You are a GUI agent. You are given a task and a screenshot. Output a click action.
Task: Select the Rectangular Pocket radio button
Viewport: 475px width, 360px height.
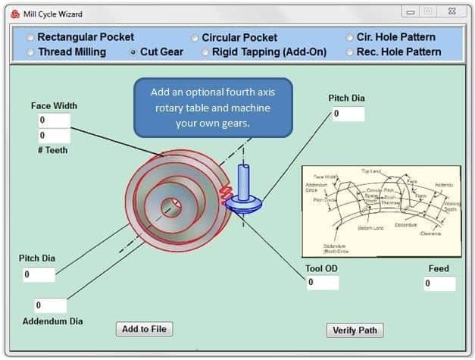(30, 37)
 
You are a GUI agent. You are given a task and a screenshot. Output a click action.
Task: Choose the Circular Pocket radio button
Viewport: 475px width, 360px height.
(195, 38)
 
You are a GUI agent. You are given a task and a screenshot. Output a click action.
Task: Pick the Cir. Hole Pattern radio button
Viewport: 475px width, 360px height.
(350, 37)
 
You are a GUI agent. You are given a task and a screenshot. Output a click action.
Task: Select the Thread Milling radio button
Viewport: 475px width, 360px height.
(30, 52)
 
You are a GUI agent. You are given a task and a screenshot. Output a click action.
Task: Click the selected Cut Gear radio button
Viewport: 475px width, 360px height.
(133, 52)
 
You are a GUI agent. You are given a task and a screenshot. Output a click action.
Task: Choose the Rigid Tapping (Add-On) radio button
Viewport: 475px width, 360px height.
(205, 52)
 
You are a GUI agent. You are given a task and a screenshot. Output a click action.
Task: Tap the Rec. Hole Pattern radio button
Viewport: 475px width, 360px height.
(350, 52)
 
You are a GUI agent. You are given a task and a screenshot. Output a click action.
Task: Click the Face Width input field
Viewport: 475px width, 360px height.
(54, 121)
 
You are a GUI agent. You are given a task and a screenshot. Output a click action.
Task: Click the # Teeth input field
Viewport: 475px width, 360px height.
(54, 136)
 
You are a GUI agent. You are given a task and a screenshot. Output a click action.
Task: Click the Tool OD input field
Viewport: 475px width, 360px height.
(322, 283)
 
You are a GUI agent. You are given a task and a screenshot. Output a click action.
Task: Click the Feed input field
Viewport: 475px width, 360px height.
(439, 283)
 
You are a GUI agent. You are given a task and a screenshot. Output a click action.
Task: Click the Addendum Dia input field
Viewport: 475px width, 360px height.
(51, 305)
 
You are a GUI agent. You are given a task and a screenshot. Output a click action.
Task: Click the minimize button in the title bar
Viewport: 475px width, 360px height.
(411, 12)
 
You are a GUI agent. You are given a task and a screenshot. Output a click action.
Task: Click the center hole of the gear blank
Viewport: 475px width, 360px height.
(171, 207)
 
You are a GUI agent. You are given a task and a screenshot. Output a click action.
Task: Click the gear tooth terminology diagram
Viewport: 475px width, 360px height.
(381, 211)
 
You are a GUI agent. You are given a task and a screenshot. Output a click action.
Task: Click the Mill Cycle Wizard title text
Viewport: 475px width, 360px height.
(53, 14)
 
